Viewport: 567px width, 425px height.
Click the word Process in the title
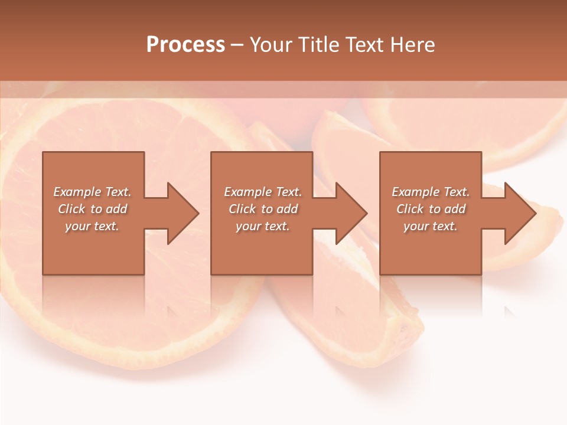(x=185, y=45)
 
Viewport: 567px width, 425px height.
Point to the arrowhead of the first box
(x=183, y=213)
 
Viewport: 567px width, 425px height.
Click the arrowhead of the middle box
(x=351, y=213)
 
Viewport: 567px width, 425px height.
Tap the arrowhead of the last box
(x=520, y=213)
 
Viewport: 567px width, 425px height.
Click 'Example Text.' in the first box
(x=92, y=192)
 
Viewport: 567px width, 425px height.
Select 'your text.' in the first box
(x=92, y=226)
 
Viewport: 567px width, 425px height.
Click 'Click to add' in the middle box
(x=263, y=209)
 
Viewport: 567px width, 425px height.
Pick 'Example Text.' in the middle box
(x=263, y=192)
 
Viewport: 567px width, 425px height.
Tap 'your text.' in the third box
(x=431, y=226)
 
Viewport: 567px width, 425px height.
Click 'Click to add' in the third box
(x=431, y=209)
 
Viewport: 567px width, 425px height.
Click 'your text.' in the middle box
(x=263, y=226)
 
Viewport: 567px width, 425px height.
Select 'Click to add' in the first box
(x=92, y=209)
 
